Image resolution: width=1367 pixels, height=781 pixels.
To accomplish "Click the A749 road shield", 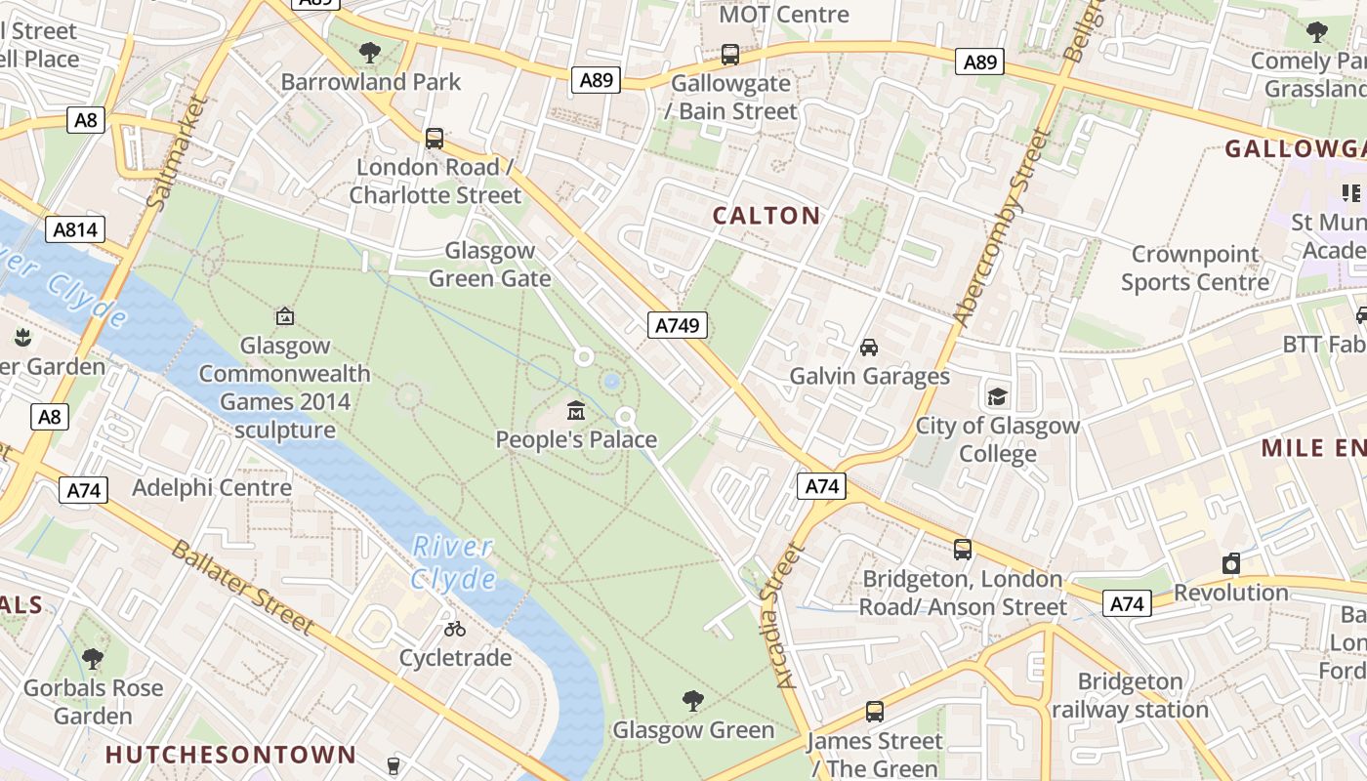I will [x=677, y=325].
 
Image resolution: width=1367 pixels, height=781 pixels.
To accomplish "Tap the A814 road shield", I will [x=74, y=229].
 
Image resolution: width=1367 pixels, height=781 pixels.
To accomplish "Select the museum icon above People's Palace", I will [x=575, y=410].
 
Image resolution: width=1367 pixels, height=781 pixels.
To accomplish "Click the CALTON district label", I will [x=766, y=216].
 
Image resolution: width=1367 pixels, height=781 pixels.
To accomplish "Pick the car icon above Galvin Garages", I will [x=868, y=347].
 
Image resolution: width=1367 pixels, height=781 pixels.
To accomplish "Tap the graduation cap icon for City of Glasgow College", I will [x=997, y=396].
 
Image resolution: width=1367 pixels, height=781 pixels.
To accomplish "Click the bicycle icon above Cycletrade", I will [x=454, y=629].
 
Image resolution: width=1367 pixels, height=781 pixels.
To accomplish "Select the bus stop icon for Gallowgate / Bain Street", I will [x=729, y=54].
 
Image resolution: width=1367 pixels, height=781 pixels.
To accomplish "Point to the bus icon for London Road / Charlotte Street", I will [x=434, y=139].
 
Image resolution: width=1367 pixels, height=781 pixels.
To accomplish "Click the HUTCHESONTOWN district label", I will [x=230, y=755].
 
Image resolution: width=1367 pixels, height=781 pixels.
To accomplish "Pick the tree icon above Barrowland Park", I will [x=369, y=52].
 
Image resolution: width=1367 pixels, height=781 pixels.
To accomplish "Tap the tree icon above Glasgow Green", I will [x=692, y=700].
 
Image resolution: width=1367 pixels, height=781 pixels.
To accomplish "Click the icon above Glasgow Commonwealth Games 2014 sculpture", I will [x=284, y=316].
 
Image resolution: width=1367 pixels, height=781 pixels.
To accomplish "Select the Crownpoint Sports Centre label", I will [x=1194, y=268].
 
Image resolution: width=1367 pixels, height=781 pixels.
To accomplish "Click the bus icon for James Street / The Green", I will [x=874, y=712].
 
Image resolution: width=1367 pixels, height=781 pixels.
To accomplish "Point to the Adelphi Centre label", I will [x=212, y=487].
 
